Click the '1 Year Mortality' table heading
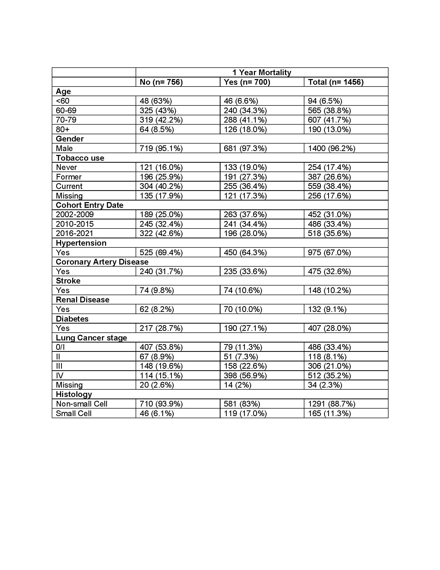tap(262, 72)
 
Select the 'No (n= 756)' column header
tap(161, 82)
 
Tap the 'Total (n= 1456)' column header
tap(336, 82)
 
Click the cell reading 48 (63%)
tap(156, 101)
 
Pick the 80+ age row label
tap(63, 129)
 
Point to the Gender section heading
tap(70, 139)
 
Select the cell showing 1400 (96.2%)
tap(332, 148)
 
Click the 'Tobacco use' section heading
tap(80, 158)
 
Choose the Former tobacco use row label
tap(69, 177)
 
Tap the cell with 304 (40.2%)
tap(161, 186)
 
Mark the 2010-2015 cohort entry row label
tap(75, 224)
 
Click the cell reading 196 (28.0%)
tap(245, 233)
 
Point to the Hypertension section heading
tap(81, 243)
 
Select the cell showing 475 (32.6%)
tap(329, 272)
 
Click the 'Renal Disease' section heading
tap(83, 300)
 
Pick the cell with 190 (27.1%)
tap(245, 328)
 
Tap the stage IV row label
tap(60, 375)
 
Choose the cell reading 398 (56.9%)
tap(245, 375)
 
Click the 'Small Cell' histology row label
tap(74, 414)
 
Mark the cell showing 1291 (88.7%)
tap(332, 404)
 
